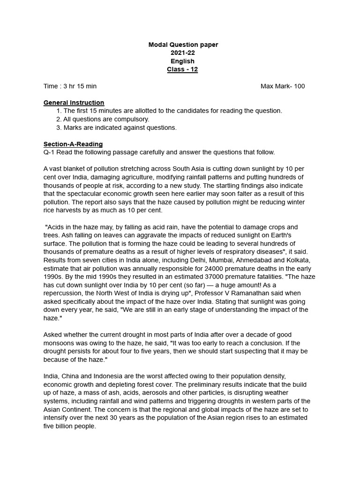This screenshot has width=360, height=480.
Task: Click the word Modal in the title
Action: coord(158,45)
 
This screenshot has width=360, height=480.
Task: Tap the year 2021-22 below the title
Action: coord(183,53)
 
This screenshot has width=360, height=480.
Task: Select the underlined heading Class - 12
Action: coord(183,69)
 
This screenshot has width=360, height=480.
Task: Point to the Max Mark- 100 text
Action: coord(283,86)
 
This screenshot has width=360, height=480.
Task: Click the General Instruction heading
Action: coord(74,103)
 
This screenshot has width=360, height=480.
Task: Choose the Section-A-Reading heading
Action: coord(73,144)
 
